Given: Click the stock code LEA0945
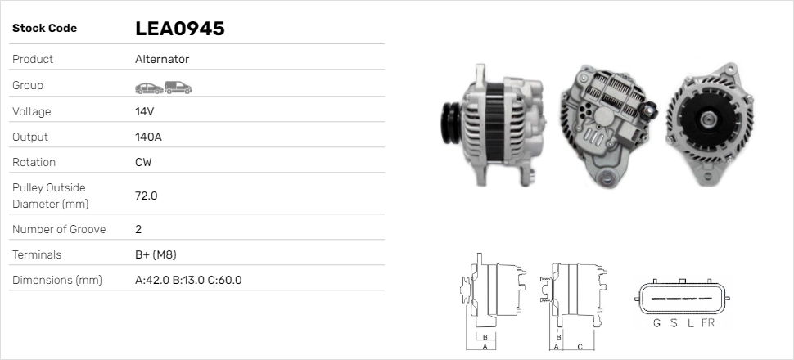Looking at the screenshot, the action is click(180, 29).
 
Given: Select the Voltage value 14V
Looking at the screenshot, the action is click(144, 111).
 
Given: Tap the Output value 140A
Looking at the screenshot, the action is click(148, 137).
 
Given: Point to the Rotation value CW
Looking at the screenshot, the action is click(143, 162).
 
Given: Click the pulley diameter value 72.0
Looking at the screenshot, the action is click(147, 196).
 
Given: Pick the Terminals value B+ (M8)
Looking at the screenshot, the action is click(156, 254).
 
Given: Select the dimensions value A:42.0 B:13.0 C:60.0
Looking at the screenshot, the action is click(188, 280).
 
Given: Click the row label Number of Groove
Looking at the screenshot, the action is click(59, 229).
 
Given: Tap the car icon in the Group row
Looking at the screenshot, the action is click(149, 88).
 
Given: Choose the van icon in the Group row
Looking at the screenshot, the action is click(178, 88).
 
